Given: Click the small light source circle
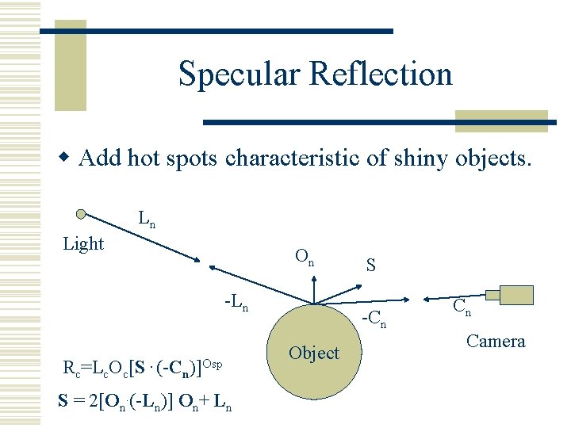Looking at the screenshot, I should (x=82, y=214).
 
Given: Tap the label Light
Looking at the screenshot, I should (x=83, y=244).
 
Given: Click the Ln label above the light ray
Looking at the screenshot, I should (x=147, y=219).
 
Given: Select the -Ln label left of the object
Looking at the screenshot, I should (x=236, y=302).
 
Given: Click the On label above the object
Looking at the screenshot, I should (x=305, y=257).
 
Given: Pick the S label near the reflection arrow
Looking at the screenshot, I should (x=370, y=265).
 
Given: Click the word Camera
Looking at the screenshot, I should (x=496, y=342).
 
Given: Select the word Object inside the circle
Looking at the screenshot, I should (x=314, y=353).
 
